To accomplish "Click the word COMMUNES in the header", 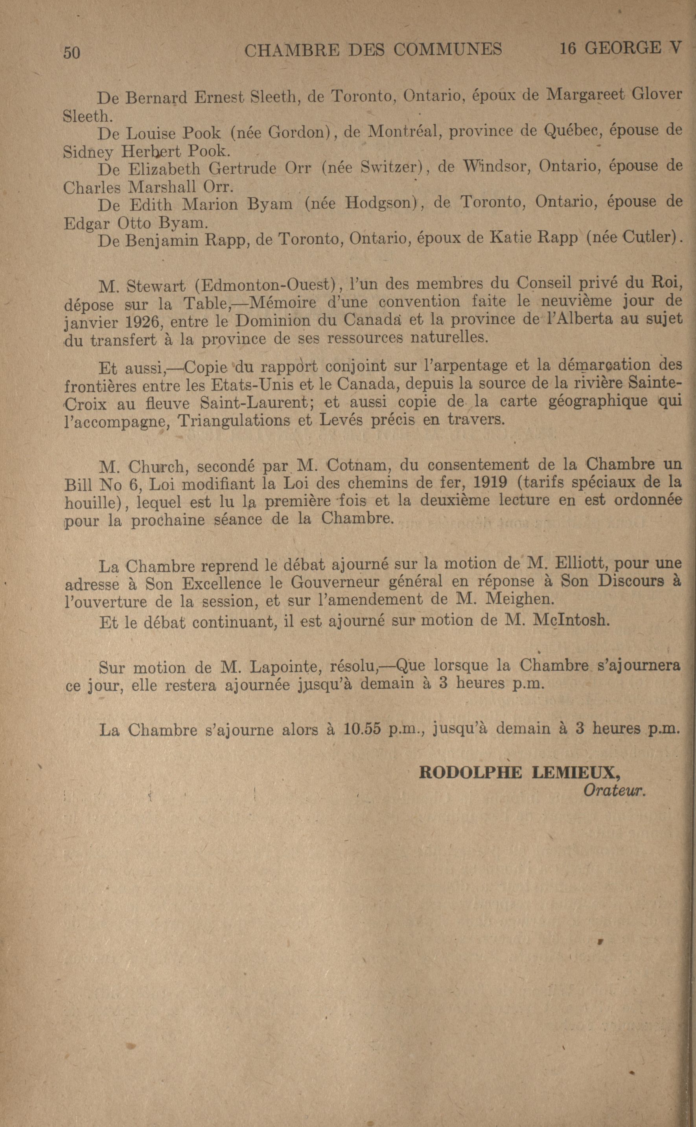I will tap(447, 49).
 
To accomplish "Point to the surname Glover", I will tap(657, 94).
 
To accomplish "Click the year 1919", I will tap(490, 482).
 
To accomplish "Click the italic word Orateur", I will tap(615, 790).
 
